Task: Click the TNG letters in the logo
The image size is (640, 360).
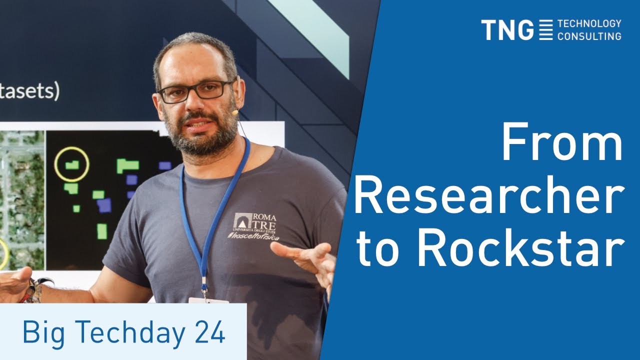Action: [x=507, y=30]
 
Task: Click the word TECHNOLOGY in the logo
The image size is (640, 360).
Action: [x=589, y=23]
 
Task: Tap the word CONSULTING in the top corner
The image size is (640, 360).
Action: [x=589, y=36]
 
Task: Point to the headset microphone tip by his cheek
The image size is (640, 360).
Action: [x=234, y=113]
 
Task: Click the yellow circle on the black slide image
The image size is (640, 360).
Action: [x=71, y=164]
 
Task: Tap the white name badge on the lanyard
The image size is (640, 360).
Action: [x=208, y=300]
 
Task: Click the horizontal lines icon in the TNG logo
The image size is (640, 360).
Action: [x=546, y=30]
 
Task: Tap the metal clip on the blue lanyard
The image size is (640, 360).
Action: [x=204, y=289]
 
